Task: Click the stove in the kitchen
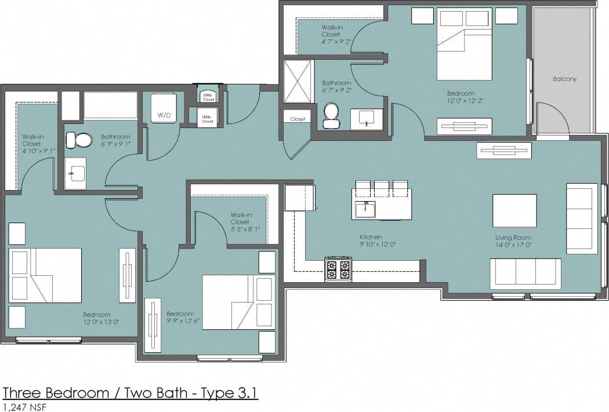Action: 338,269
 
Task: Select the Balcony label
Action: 564,79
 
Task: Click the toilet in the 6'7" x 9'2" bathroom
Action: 331,115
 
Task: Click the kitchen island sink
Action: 365,209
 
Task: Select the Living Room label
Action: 513,238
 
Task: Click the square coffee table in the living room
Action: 514,210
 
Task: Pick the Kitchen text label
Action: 371,237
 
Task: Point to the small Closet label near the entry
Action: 298,119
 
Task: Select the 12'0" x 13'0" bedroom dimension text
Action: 101,322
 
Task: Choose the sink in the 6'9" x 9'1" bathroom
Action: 75,172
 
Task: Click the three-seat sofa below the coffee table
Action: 525,274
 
